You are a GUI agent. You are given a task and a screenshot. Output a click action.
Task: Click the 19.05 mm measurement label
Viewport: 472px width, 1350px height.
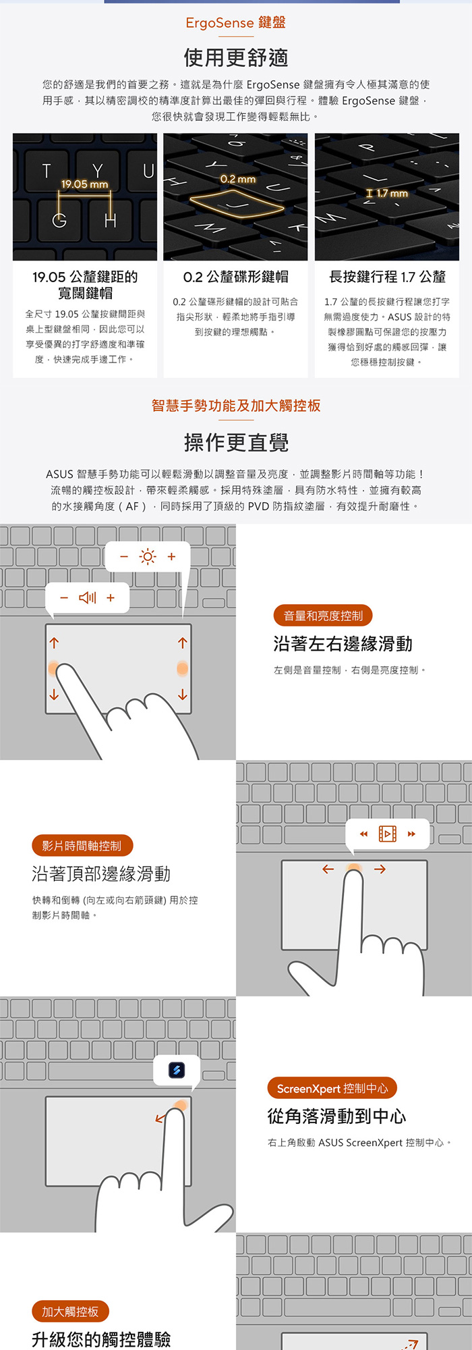pos(84,184)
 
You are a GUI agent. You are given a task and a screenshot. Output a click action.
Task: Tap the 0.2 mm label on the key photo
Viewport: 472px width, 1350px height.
pos(238,179)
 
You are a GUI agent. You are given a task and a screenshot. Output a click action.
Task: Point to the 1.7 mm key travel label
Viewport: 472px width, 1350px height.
pos(392,193)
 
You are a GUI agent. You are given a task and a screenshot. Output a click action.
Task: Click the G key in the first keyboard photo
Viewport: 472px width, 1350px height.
pos(59,220)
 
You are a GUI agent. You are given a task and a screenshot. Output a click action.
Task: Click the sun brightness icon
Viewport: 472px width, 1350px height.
pos(147,556)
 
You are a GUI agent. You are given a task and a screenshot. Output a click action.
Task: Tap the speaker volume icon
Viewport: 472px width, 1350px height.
pos(88,597)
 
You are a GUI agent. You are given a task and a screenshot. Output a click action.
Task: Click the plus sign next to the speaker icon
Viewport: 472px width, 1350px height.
pos(111,597)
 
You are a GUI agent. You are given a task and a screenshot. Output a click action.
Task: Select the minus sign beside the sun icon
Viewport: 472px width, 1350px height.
pos(124,556)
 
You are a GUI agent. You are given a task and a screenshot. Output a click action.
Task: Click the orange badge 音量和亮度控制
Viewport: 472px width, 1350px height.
pos(323,616)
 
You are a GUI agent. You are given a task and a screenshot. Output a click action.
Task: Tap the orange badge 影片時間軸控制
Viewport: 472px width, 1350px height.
pos(82,846)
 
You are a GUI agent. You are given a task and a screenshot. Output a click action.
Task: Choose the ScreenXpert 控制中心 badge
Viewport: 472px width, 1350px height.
pos(332,1088)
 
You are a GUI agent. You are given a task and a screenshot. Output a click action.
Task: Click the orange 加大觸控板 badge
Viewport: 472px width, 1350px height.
pos(70,1312)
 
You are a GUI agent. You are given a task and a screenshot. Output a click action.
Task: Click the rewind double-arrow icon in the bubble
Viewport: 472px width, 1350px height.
pos(363,834)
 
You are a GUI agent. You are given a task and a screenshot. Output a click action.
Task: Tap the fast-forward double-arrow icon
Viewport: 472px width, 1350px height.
pos(411,834)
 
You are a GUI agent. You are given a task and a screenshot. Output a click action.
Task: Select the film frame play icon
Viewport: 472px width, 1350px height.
pos(388,834)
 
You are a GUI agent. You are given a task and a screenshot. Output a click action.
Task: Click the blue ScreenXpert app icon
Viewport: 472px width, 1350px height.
pos(177,1070)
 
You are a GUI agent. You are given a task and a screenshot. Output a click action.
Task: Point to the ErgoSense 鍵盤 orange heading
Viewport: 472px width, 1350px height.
pos(236,22)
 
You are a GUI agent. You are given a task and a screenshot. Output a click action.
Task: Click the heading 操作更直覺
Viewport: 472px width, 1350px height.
pos(236,443)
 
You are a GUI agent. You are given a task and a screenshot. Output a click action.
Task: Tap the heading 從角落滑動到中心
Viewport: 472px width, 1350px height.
pos(337,1116)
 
